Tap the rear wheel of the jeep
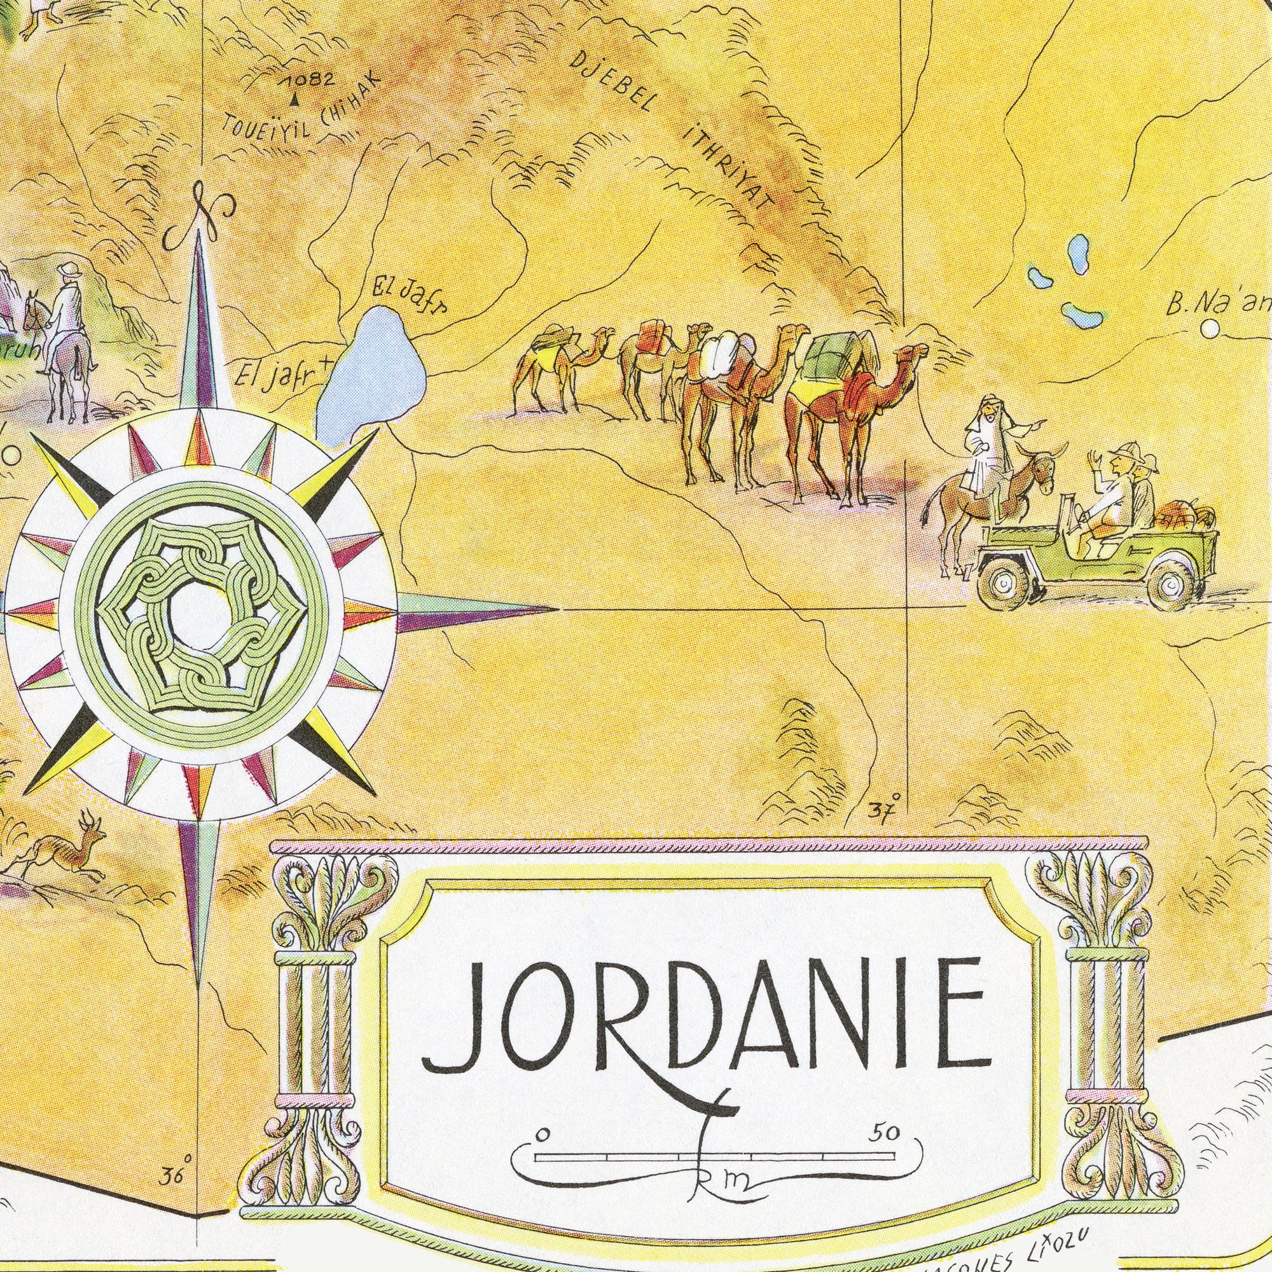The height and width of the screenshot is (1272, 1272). coord(1172,583)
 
